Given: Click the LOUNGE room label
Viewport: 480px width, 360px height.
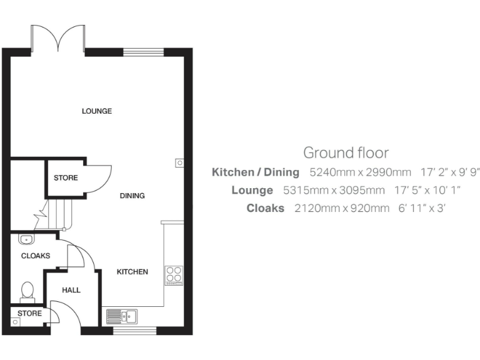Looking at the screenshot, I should tap(97, 111).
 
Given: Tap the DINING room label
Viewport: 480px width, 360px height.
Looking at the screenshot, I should tap(132, 196).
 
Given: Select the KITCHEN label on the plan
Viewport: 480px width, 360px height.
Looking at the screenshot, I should tap(132, 272).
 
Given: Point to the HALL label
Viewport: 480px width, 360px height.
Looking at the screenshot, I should tap(71, 290).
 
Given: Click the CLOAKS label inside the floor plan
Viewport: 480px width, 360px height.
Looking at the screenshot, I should tap(36, 256).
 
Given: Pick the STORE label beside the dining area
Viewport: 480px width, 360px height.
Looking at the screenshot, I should tap(66, 178).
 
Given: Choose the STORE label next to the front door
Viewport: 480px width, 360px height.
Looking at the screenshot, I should tap(29, 313).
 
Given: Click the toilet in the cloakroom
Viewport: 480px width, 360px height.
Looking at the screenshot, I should tap(27, 291).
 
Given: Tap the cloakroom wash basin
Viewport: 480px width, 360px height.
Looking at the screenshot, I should tap(27, 239).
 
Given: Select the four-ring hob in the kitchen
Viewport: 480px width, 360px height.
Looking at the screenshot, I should tap(174, 275).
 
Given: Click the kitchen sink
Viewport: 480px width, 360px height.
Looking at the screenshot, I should tap(122, 316).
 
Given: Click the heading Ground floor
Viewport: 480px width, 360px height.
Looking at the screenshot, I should tap(346, 152).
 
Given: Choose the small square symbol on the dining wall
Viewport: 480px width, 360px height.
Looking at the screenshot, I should tap(179, 162).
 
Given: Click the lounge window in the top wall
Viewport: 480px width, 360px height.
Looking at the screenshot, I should tap(143, 52).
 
